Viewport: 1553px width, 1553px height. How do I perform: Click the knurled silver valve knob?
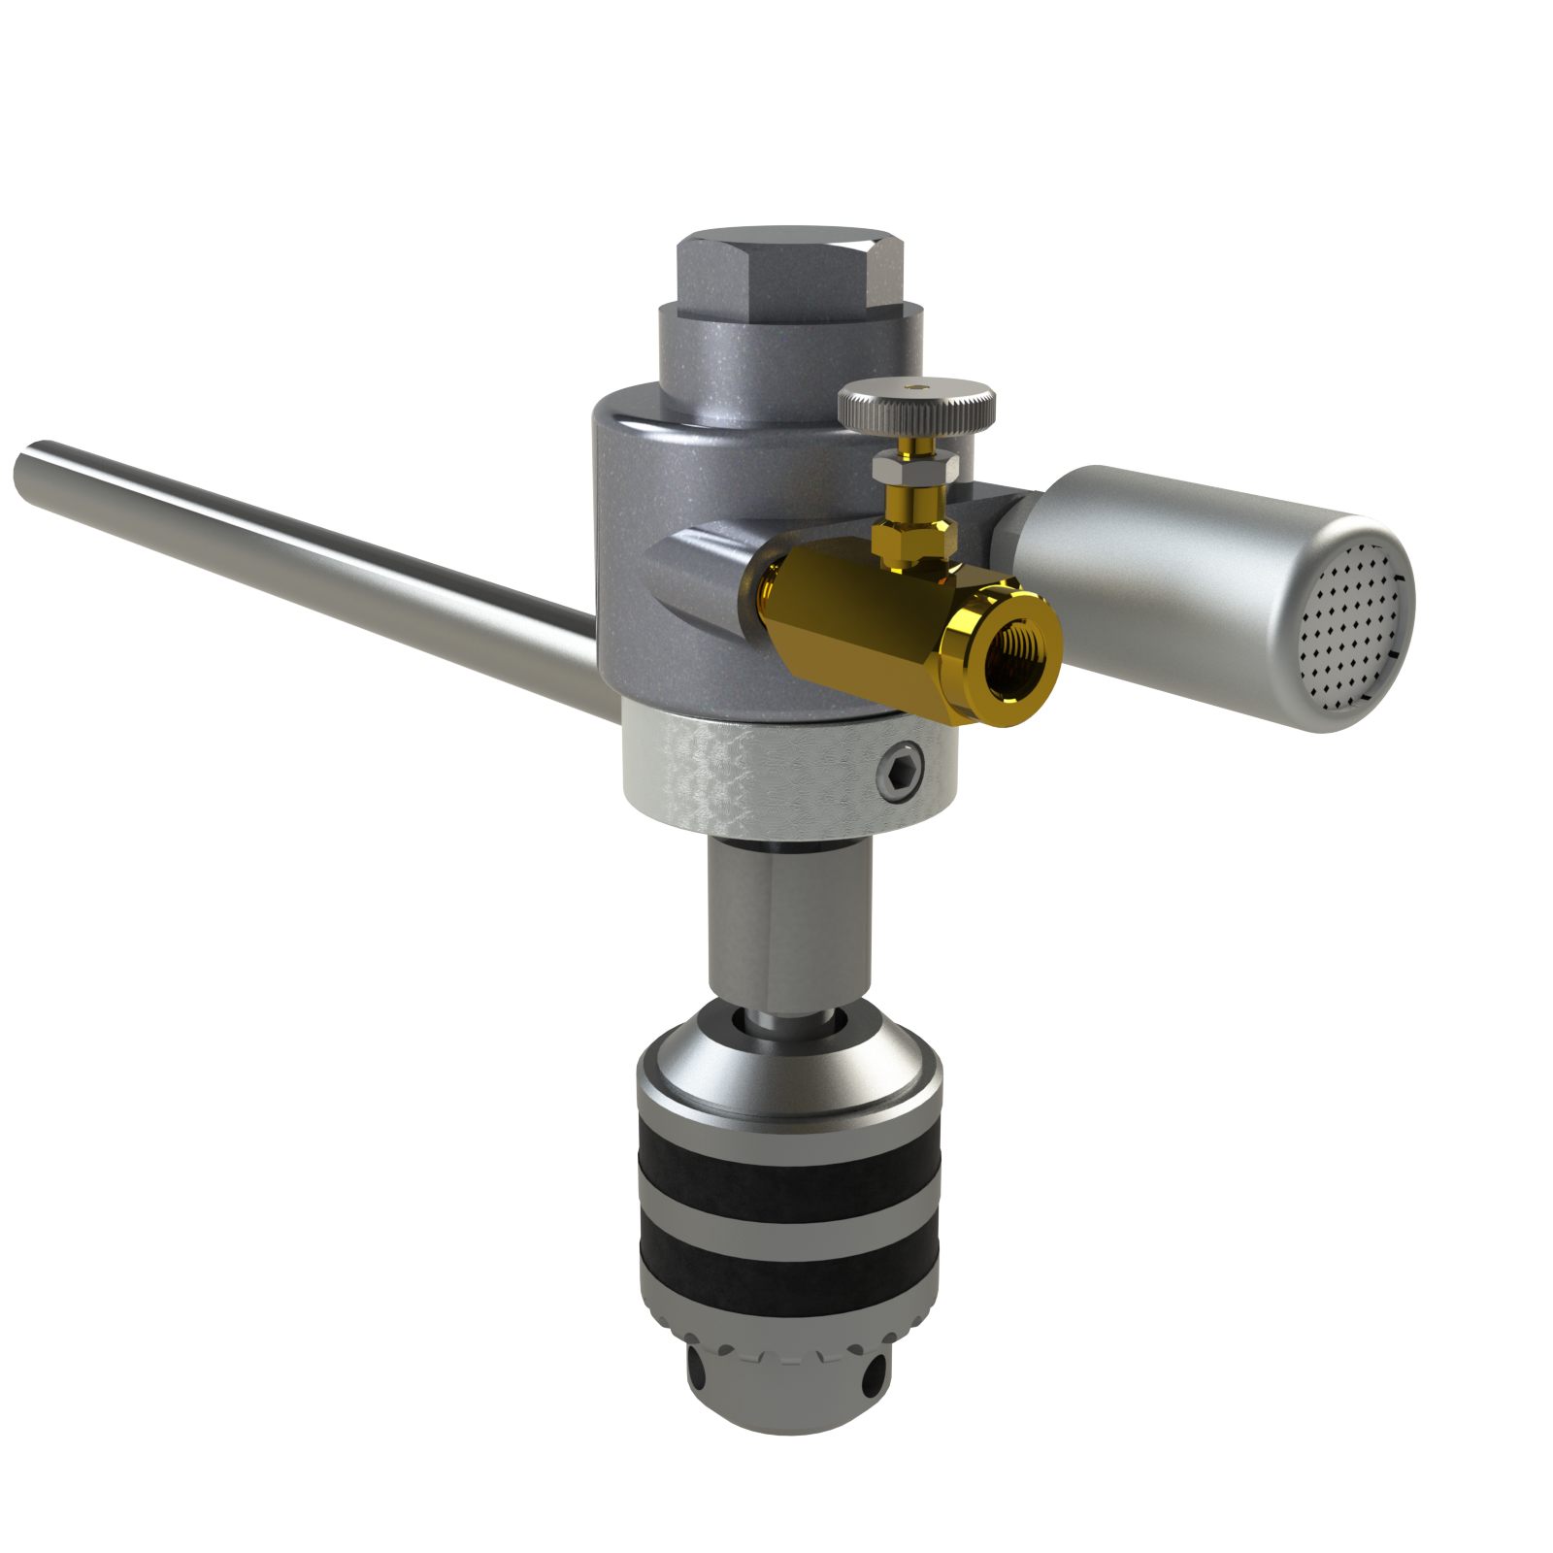pos(916,406)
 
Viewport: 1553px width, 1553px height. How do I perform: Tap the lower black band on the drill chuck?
pos(788,1274)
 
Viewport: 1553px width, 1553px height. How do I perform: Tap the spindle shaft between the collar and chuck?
pos(788,922)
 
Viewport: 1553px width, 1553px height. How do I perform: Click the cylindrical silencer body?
pos(1165,582)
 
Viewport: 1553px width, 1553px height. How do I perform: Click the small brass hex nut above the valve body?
pos(912,539)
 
